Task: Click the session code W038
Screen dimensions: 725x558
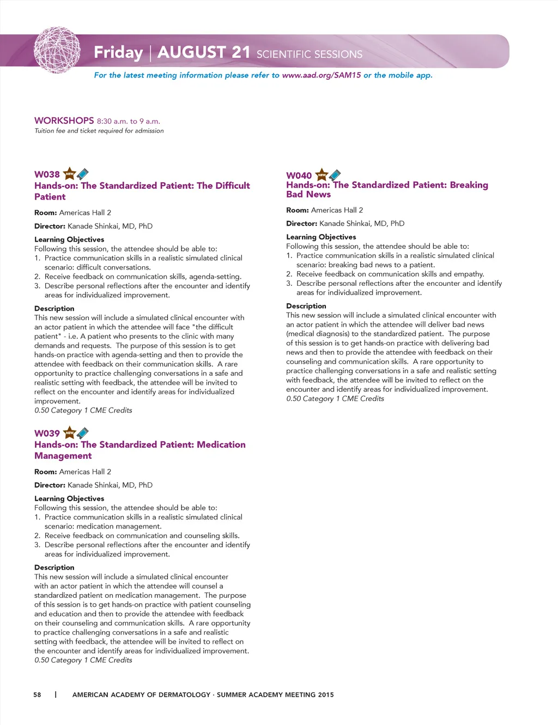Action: (47, 175)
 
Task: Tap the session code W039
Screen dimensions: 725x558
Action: (47, 434)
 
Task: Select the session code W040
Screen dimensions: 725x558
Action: (299, 176)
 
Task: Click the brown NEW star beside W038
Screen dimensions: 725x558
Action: (69, 174)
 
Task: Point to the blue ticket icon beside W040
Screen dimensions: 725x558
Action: (335, 175)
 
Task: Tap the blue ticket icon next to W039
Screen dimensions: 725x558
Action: (83, 433)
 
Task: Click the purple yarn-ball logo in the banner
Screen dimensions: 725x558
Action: (57, 51)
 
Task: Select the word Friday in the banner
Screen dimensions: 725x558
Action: (118, 52)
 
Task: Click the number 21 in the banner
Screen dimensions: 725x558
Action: (240, 52)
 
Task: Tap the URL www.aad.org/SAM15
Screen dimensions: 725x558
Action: (321, 75)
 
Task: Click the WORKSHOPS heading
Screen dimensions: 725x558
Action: (64, 121)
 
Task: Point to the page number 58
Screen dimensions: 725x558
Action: (37, 694)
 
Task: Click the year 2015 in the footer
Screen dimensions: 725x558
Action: (325, 694)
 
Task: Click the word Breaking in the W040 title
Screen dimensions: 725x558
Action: (469, 185)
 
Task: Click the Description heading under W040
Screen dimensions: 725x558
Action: (306, 306)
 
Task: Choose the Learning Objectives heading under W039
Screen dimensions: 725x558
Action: (69, 499)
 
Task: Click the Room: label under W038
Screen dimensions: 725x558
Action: (45, 213)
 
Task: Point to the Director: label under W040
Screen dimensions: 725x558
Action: (301, 223)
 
